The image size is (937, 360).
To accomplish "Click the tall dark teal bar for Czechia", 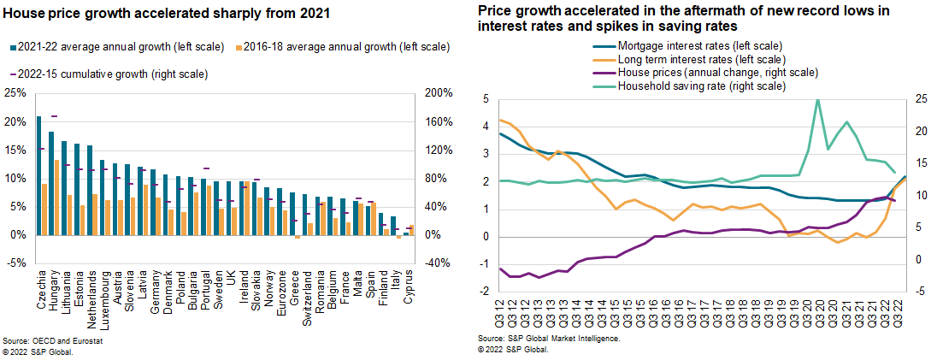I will pyautogui.click(x=38, y=176).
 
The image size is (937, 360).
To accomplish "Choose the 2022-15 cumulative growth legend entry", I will pyautogui.click(x=112, y=74).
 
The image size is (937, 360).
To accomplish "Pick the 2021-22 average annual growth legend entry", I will pyautogui.click(x=111, y=47).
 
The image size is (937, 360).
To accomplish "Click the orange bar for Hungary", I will pyautogui.click(x=56, y=198).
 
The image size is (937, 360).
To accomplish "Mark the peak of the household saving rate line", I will pyautogui.click(x=817, y=99).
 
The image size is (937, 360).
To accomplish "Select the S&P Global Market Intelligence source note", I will pyautogui.click(x=549, y=339).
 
